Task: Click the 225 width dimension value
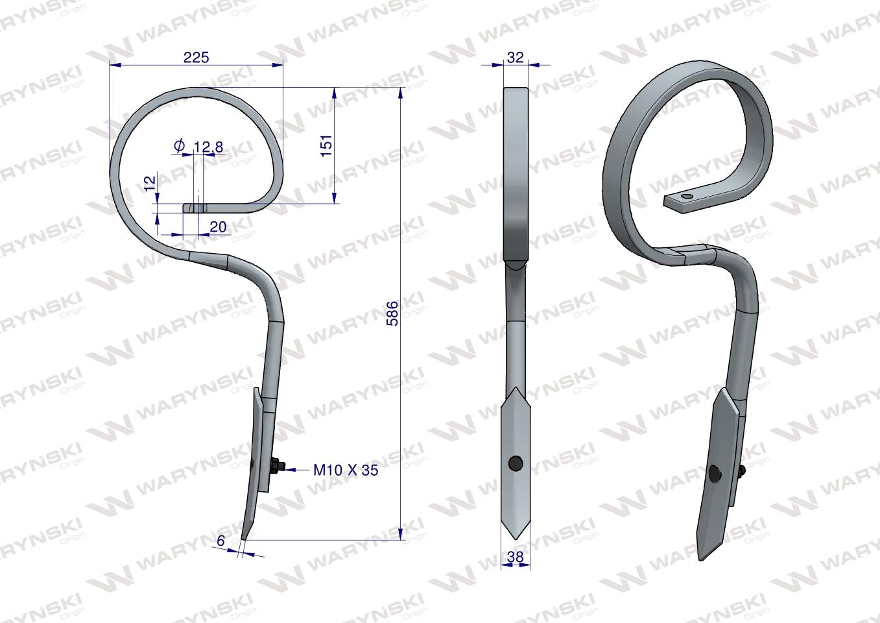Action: pos(196,57)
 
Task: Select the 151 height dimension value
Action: pos(326,146)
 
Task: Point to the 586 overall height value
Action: pos(392,313)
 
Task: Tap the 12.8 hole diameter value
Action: pos(208,147)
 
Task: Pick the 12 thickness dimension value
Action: pos(150,183)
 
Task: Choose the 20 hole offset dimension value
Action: pos(219,226)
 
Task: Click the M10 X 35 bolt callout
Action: pos(346,470)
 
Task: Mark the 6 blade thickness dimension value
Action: pos(220,541)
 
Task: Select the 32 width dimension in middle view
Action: pos(516,57)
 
